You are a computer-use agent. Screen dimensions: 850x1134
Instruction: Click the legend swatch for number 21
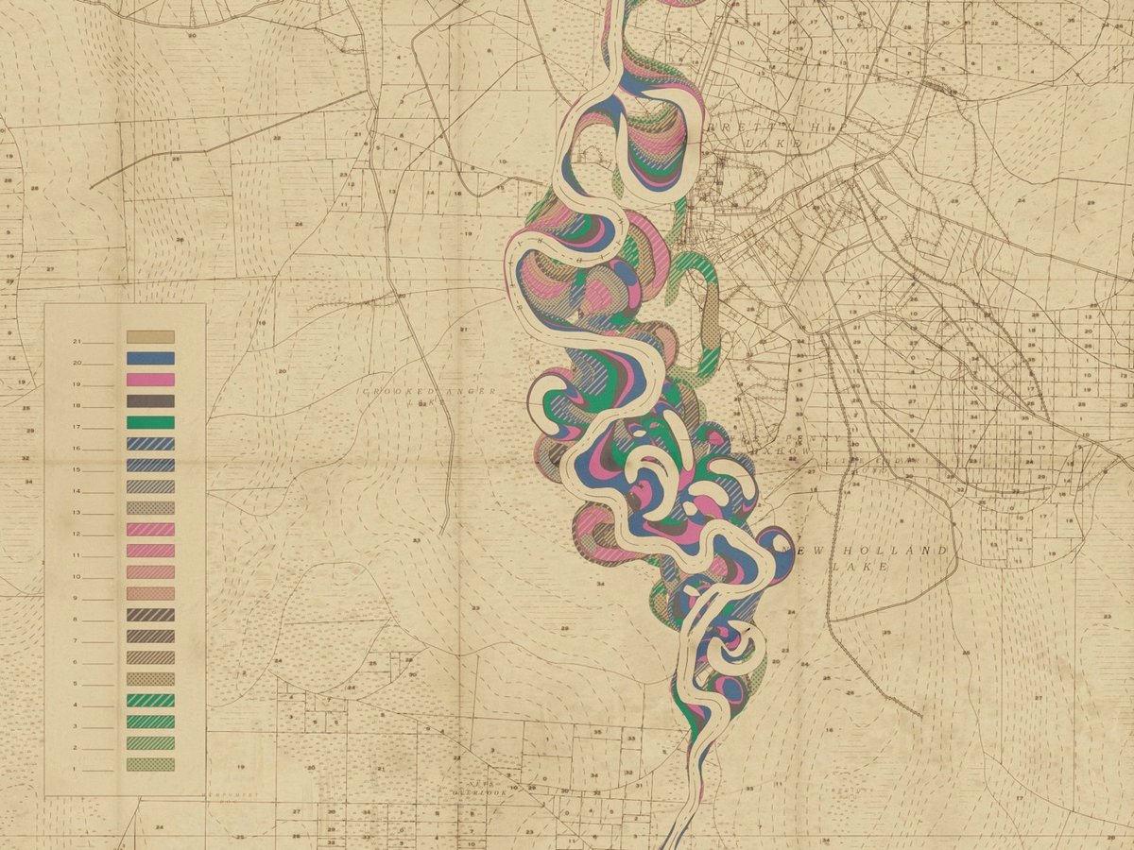150,337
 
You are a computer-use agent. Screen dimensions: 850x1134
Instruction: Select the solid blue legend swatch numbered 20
150,359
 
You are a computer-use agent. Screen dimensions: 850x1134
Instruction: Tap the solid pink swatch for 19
150,380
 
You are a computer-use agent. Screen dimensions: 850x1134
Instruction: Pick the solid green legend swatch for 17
150,422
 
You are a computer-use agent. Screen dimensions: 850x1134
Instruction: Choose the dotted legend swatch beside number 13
150,508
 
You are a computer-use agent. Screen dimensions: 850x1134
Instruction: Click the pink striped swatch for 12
150,530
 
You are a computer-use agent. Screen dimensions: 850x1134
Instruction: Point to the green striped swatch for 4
150,701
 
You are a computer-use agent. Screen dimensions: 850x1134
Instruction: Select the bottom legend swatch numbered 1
150,765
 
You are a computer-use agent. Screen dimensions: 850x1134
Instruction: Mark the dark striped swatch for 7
150,637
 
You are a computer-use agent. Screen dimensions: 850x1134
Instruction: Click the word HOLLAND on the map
910,551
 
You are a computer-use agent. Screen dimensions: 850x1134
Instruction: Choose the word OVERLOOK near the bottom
480,793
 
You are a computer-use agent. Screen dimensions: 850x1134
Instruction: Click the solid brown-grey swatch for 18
150,401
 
